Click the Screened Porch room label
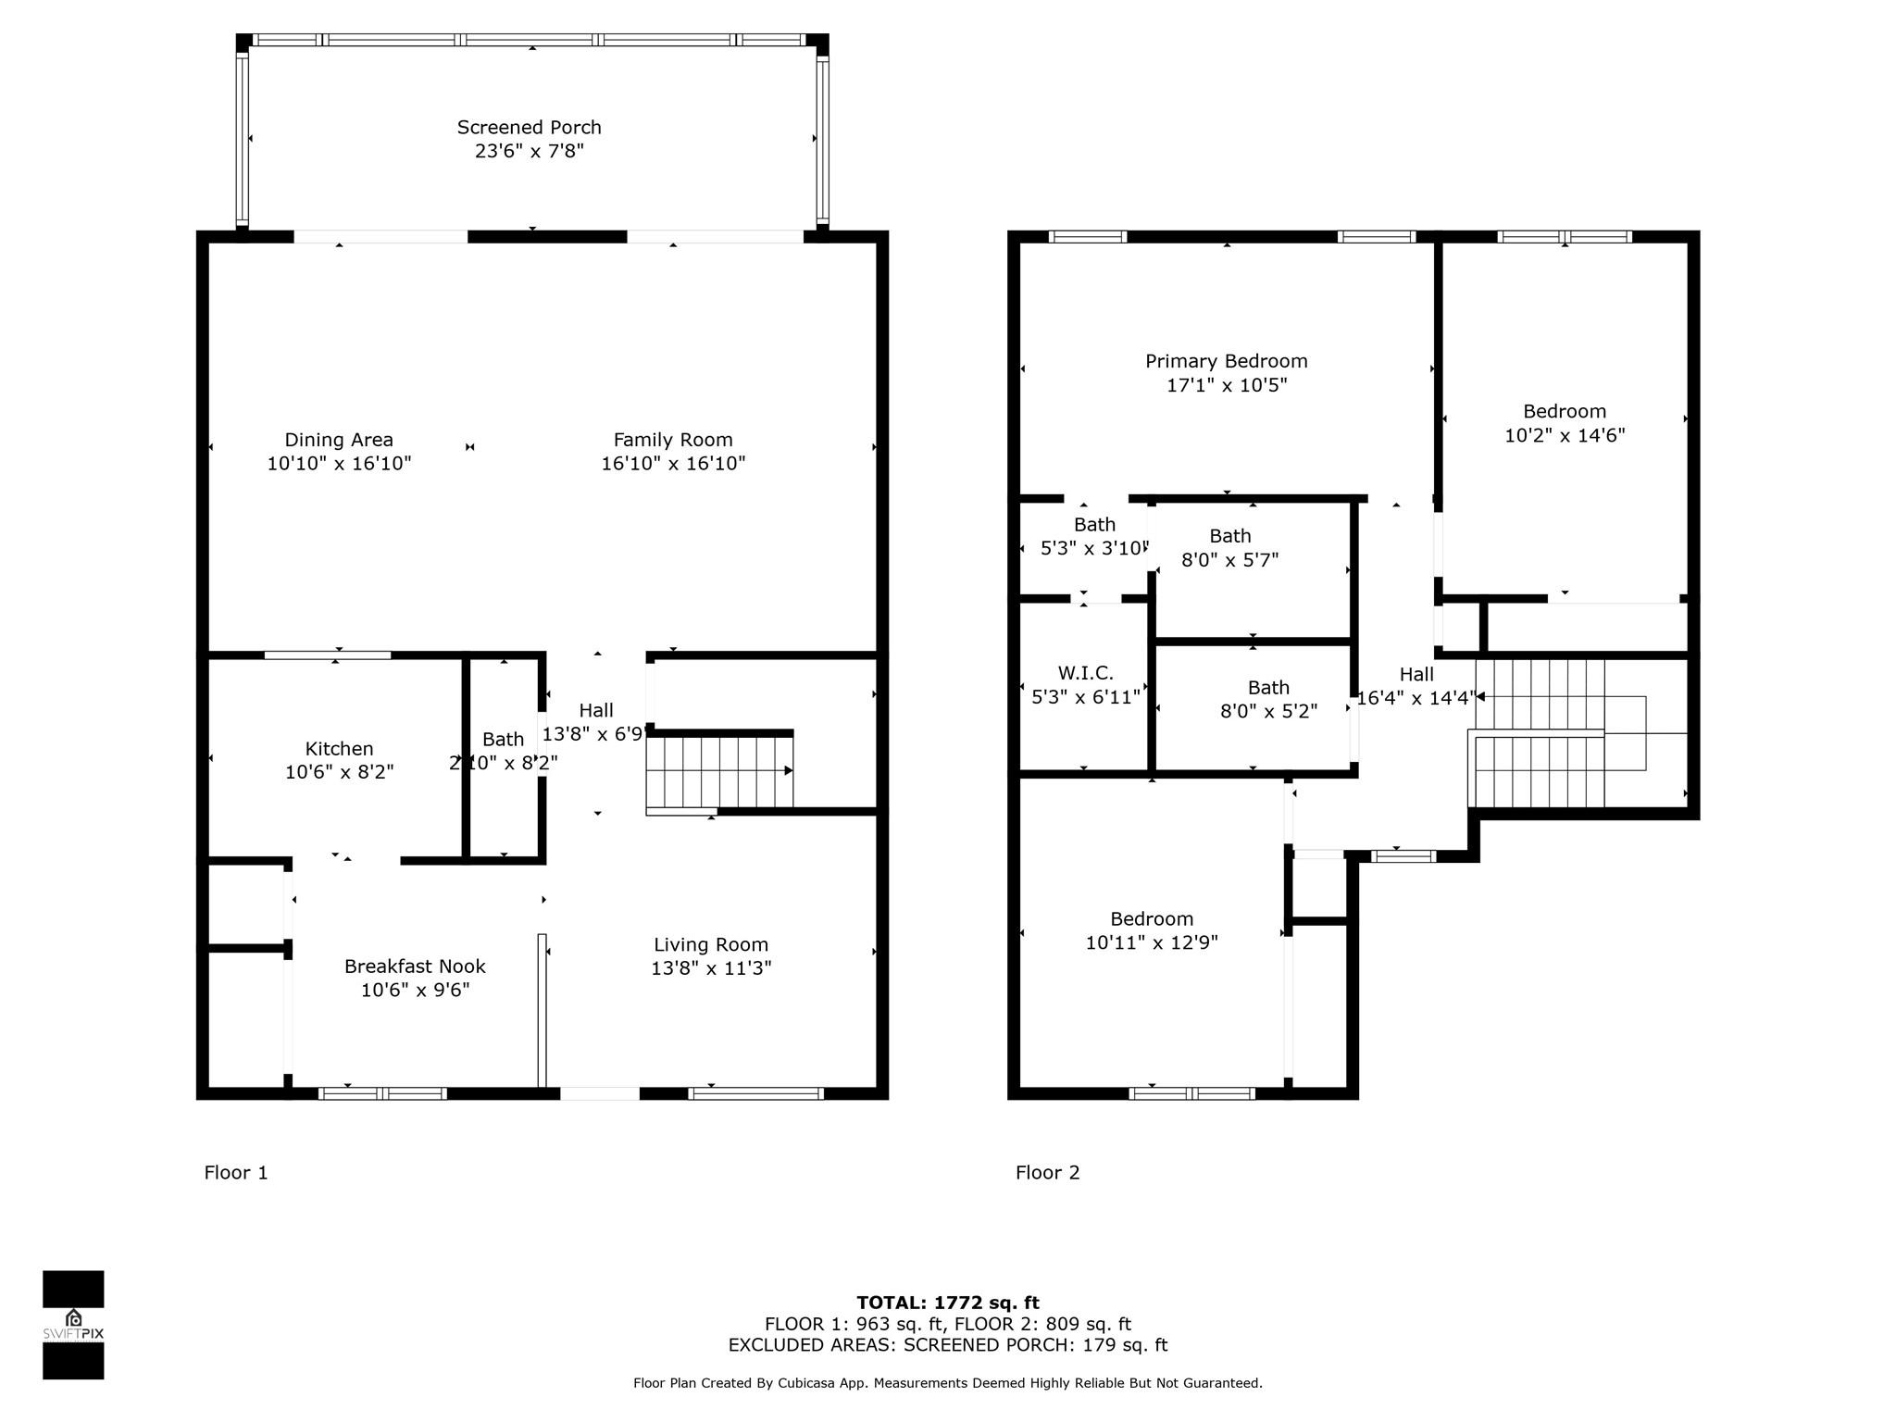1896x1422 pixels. click(x=529, y=128)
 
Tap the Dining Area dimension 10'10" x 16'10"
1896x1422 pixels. click(x=339, y=464)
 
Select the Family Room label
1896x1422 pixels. click(x=673, y=441)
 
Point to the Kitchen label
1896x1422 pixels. click(x=340, y=749)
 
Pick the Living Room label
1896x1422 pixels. click(x=711, y=945)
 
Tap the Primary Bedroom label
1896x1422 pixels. click(x=1227, y=362)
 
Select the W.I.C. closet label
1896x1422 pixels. click(x=1086, y=674)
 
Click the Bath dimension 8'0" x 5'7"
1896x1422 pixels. click(x=1230, y=560)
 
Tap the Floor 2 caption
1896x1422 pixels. click(x=1048, y=1173)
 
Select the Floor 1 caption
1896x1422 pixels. click(x=236, y=1173)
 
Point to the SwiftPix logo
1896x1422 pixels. click(x=73, y=1325)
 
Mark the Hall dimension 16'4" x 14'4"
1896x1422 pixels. click(x=1416, y=698)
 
